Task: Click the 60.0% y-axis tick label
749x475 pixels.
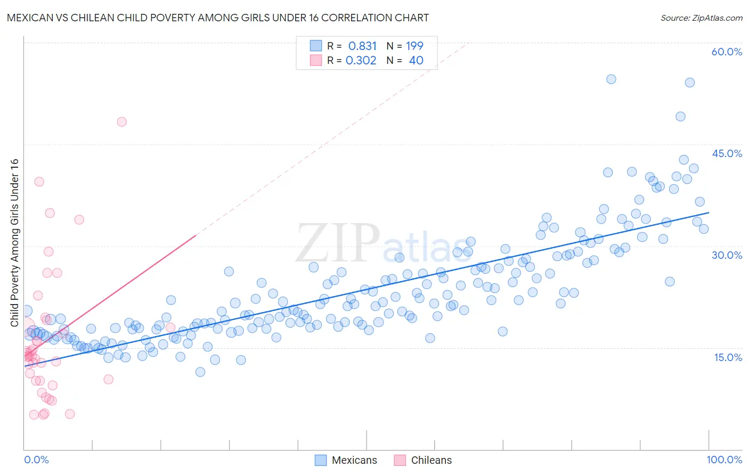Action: (x=727, y=52)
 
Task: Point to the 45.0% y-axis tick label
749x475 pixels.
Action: (x=727, y=153)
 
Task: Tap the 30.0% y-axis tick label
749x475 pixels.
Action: (x=727, y=255)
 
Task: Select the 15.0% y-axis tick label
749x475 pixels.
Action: (x=728, y=357)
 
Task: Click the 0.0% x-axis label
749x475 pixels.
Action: (x=36, y=460)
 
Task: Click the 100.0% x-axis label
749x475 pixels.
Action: (x=724, y=460)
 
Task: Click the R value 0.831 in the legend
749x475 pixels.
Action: (x=362, y=46)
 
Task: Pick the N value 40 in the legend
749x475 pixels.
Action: (x=416, y=61)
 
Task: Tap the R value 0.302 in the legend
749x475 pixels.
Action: (x=361, y=61)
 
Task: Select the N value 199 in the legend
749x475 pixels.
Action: (x=414, y=46)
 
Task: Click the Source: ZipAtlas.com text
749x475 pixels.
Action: (x=701, y=18)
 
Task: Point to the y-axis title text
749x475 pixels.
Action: (x=14, y=243)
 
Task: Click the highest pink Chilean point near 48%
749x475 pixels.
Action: (x=121, y=122)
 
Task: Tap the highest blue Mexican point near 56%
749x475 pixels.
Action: (x=611, y=79)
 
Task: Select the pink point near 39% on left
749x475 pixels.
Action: (x=39, y=182)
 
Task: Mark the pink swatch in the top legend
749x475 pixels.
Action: (x=316, y=61)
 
